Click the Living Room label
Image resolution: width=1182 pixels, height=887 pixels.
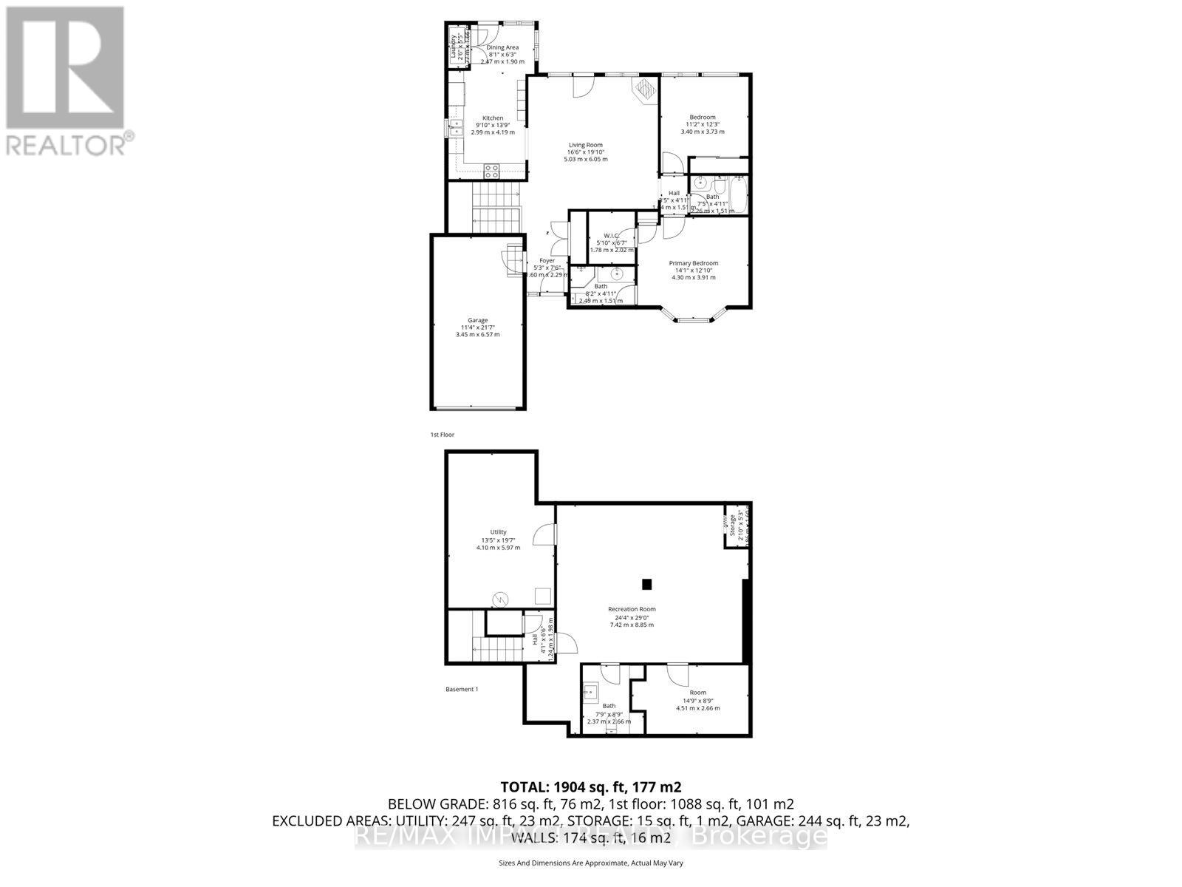[x=585, y=145]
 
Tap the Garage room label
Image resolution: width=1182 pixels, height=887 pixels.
[x=477, y=320]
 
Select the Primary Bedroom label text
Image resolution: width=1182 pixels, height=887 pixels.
[x=693, y=263]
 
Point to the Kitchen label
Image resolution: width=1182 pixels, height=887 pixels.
[x=493, y=118]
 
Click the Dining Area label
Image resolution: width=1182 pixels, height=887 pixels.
[x=502, y=47]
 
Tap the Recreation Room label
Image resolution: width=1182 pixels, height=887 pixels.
[x=631, y=609]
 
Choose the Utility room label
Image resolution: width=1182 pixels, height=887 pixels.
[x=498, y=532]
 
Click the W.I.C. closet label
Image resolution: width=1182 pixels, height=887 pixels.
[x=610, y=236]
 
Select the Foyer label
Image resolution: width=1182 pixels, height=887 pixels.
[x=547, y=261]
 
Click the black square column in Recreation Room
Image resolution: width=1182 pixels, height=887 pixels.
[x=647, y=584]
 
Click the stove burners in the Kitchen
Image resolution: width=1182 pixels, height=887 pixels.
[x=491, y=171]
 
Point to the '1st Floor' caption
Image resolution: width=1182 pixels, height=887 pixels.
[x=443, y=435]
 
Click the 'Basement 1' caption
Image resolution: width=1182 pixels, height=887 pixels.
[x=462, y=689]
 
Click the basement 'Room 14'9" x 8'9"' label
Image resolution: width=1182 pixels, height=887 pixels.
[x=697, y=693]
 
